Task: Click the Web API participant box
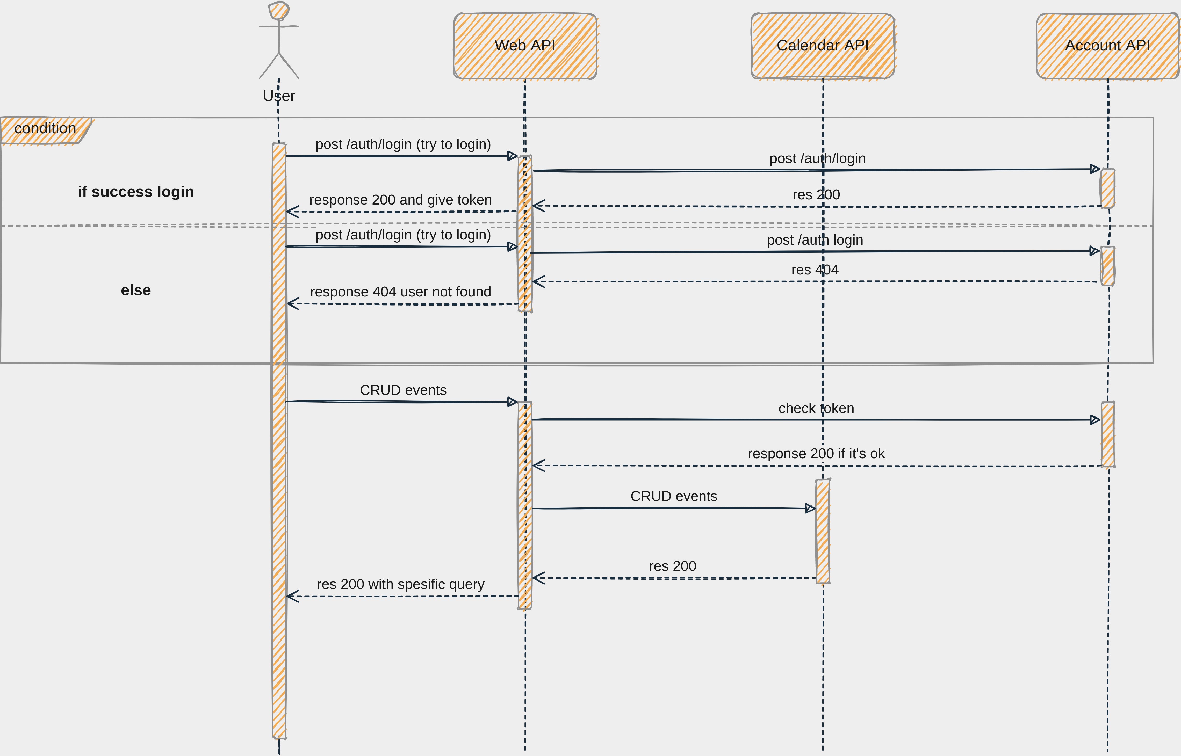[525, 46]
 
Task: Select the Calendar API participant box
[823, 46]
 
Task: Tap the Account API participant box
[1107, 46]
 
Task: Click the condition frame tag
[45, 129]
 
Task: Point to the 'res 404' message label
[815, 270]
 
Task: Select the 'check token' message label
[816, 408]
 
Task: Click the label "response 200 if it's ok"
[816, 454]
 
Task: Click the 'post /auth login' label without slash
[815, 240]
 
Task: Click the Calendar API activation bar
[823, 531]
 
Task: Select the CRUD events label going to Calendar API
[674, 496]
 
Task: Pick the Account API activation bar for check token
[1108, 434]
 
